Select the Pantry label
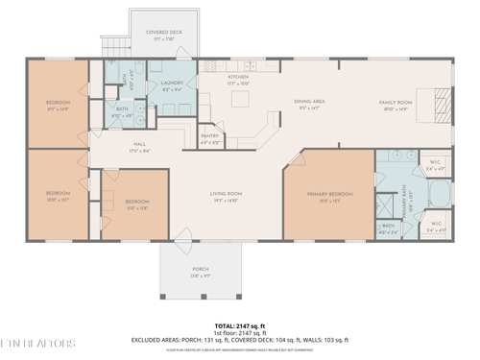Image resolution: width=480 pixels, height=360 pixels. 211,138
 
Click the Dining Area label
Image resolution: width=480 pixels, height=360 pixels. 309,105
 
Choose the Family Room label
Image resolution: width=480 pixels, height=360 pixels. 395,105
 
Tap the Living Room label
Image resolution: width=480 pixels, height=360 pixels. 226,197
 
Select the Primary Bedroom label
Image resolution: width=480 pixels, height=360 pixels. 329,197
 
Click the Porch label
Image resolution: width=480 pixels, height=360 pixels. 201,272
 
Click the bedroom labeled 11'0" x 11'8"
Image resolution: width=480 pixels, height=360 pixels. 137,204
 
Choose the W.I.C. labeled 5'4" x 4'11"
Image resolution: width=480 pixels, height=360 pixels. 436,228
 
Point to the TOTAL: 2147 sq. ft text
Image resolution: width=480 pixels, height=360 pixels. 241,325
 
